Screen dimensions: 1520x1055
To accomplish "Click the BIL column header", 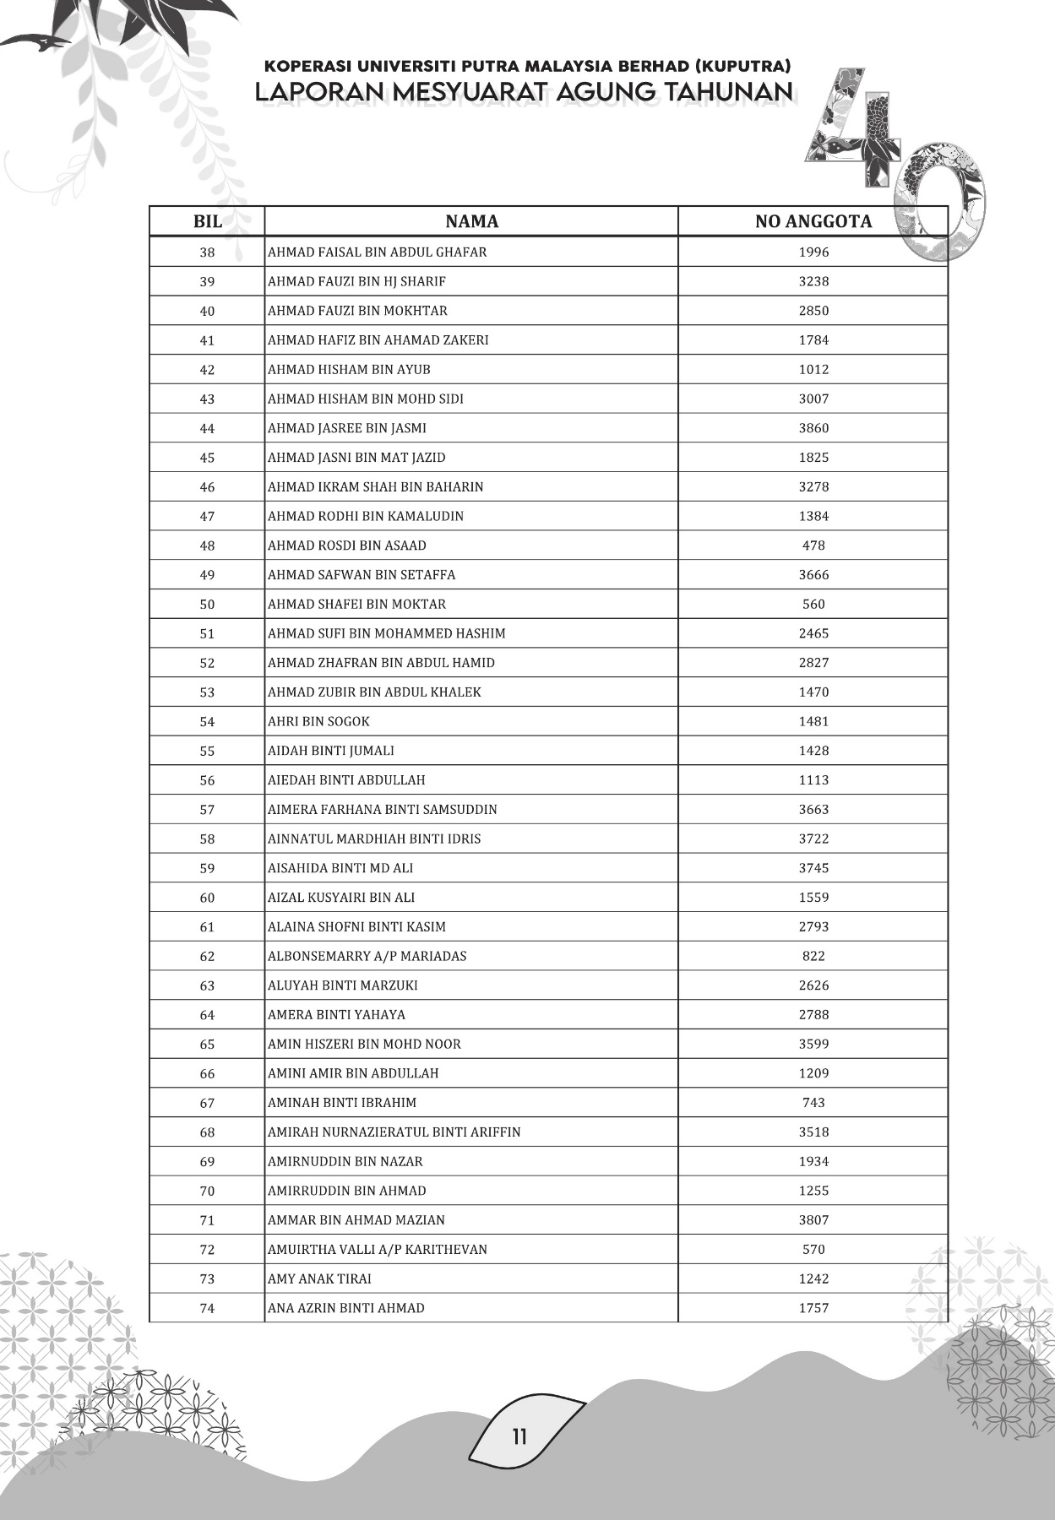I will [x=208, y=221].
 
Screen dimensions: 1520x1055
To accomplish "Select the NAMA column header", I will [x=471, y=221].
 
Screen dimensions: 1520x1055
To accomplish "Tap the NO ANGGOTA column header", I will [x=813, y=221].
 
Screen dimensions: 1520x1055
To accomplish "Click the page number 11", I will [x=519, y=1436].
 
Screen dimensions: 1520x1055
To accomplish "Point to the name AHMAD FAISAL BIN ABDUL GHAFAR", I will [x=377, y=252].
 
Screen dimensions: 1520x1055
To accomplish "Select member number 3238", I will [x=813, y=281].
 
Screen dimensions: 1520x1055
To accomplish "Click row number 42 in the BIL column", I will [x=207, y=370].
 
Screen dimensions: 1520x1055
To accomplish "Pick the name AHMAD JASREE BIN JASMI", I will [x=347, y=428].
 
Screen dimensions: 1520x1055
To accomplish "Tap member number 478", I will [x=813, y=546].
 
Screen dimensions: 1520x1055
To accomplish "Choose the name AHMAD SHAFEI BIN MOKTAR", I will [x=356, y=604].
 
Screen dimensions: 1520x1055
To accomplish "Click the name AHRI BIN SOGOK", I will [x=318, y=721].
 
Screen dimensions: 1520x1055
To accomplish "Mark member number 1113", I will [x=813, y=780].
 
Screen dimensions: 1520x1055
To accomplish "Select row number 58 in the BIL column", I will [x=207, y=839].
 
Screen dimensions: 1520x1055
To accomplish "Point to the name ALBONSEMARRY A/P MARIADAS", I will [x=367, y=956].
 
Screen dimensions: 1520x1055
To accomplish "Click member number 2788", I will [x=813, y=1015].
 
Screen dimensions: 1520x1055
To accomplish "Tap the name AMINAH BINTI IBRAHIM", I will [x=342, y=1103].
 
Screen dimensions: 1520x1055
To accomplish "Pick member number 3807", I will [x=813, y=1220].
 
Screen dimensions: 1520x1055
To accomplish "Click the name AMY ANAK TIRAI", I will [x=319, y=1278].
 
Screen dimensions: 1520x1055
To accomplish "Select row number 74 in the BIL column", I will [x=207, y=1308].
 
